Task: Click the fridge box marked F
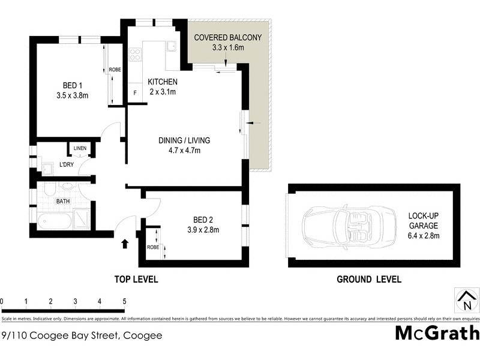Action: pos(135,93)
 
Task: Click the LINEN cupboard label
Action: pos(80,148)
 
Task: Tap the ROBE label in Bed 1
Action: pos(115,70)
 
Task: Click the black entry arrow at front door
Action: pos(125,244)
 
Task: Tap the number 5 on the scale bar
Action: pos(124,301)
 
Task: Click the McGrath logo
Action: pos(437,332)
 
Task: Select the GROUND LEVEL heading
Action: pos(368,279)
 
